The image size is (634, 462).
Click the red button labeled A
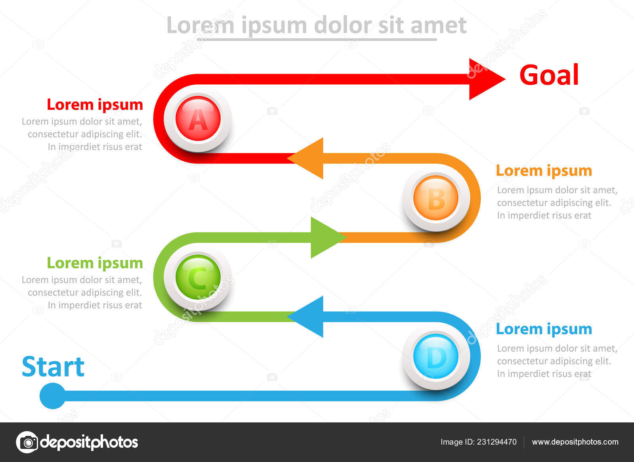point(198,119)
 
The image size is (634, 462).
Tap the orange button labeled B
point(436,198)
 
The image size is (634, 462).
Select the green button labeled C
point(198,277)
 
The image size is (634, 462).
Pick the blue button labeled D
point(436,356)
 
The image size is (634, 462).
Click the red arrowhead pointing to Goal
point(485,79)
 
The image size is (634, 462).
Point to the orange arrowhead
point(307,158)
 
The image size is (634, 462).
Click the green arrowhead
point(327,238)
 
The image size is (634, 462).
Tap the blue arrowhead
point(307,317)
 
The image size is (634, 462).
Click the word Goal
point(549,75)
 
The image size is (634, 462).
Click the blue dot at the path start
point(53,396)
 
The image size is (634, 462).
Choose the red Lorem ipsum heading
point(95,105)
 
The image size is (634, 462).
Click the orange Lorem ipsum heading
point(544,171)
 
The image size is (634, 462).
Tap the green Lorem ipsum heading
point(95,264)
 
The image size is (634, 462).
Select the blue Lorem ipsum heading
point(544,329)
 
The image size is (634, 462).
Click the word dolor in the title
point(343,25)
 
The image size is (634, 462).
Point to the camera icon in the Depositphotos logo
point(27,442)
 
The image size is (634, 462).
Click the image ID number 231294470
point(497,442)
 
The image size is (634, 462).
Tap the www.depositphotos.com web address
point(575,442)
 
